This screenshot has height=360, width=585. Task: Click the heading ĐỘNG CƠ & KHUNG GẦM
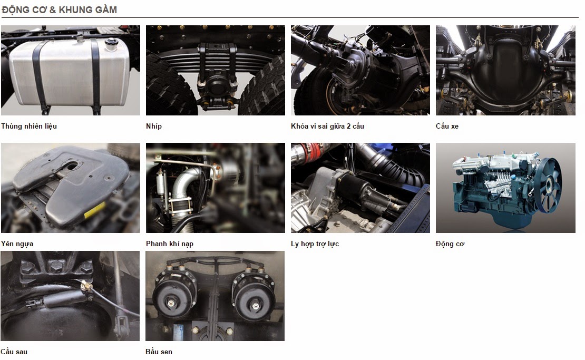click(x=60, y=9)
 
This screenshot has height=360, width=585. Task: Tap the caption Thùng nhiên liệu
click(x=29, y=126)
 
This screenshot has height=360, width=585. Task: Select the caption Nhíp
click(x=154, y=126)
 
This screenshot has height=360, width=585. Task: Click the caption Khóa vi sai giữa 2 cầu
click(x=327, y=126)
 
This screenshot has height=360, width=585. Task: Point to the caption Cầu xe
click(x=447, y=126)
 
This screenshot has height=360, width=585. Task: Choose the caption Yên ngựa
click(x=17, y=244)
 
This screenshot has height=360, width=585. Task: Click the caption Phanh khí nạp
click(x=170, y=244)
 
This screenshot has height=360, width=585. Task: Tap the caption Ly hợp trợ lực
click(x=315, y=244)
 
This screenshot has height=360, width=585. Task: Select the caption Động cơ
click(x=450, y=244)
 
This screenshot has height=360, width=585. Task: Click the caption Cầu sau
click(x=14, y=352)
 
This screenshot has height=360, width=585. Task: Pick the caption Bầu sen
click(x=159, y=352)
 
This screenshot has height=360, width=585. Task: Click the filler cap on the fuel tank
click(x=111, y=44)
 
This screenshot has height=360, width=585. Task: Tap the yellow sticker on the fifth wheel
click(x=95, y=210)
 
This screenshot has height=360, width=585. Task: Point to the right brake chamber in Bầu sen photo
click(x=253, y=297)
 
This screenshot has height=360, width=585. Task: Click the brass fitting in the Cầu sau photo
click(x=86, y=287)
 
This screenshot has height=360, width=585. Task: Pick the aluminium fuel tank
click(x=70, y=72)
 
